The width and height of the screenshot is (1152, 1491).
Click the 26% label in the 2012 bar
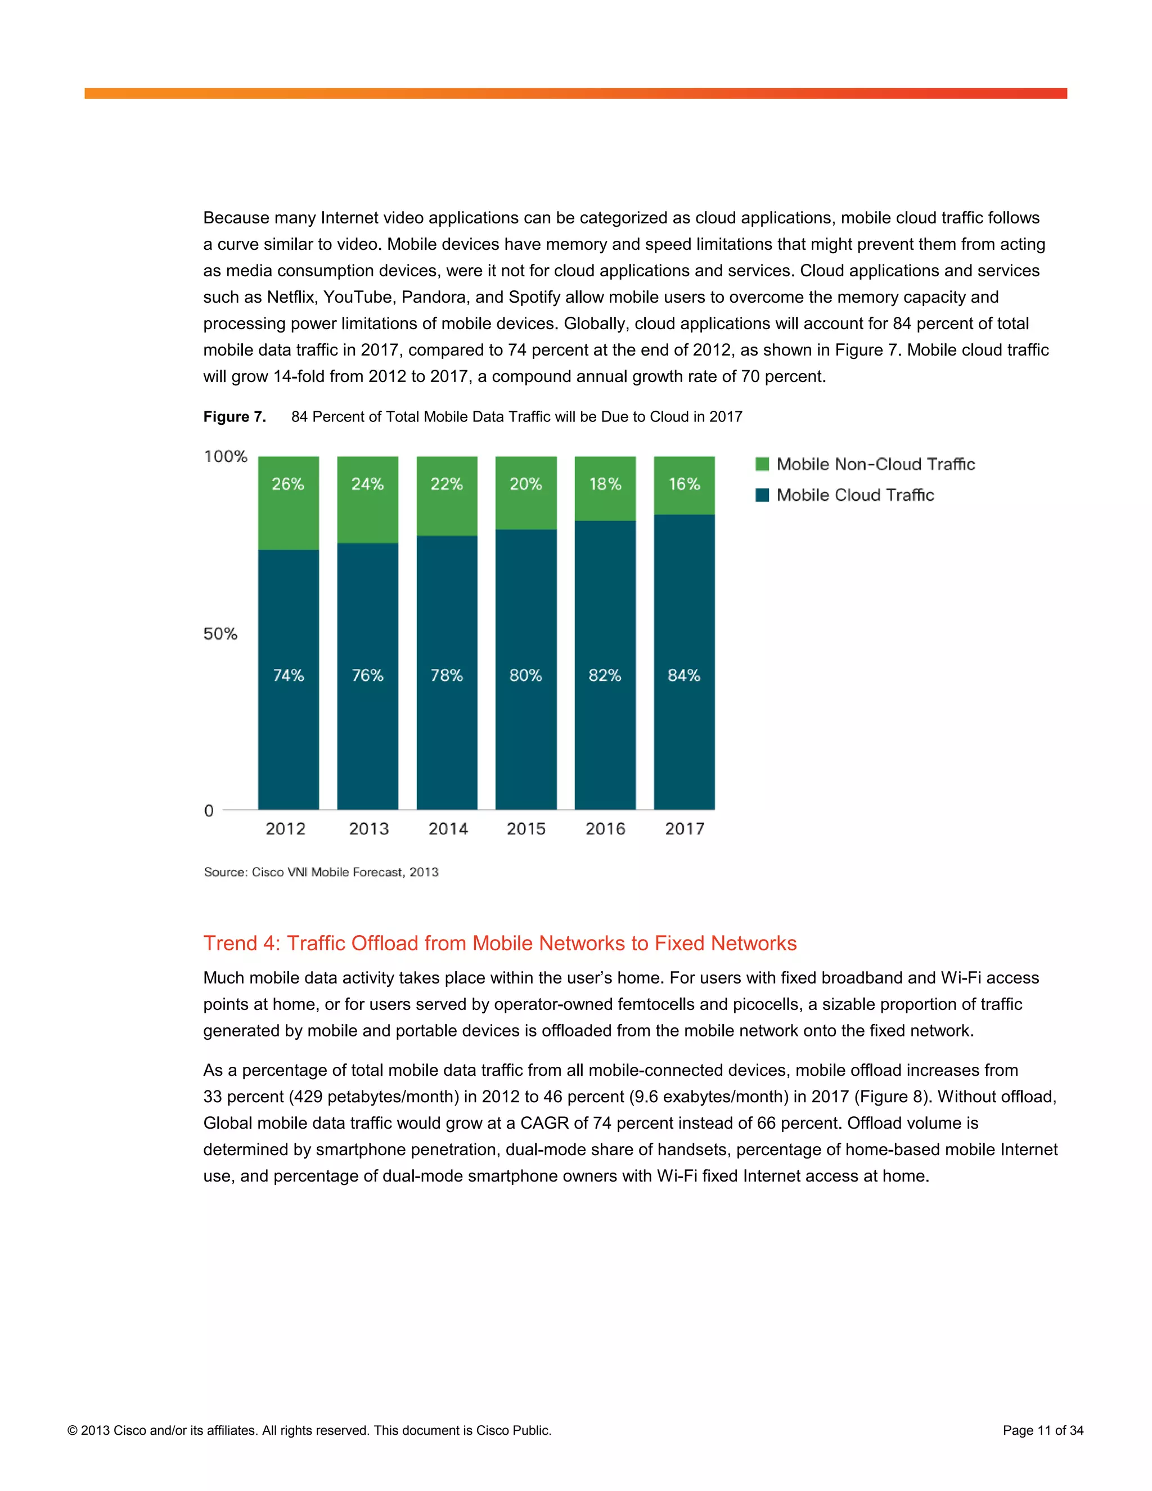pyautogui.click(x=287, y=484)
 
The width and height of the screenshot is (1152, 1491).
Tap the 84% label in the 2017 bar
pyautogui.click(x=684, y=675)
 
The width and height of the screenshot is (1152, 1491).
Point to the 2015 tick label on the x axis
pyautogui.click(x=526, y=829)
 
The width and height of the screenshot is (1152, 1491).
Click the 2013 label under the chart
pyautogui.click(x=368, y=829)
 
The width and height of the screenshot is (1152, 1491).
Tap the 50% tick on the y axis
pyautogui.click(x=220, y=634)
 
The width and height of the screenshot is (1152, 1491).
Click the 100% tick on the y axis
pyautogui.click(x=225, y=456)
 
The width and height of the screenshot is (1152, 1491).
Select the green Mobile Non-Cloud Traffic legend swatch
pyautogui.click(x=762, y=464)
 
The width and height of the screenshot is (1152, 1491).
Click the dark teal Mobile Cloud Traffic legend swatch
pyautogui.click(x=762, y=495)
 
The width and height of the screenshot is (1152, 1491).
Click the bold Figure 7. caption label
pyautogui.click(x=234, y=416)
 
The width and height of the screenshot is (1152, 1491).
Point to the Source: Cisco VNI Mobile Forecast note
pyautogui.click(x=321, y=872)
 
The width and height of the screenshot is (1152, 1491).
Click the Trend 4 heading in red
pyautogui.click(x=499, y=943)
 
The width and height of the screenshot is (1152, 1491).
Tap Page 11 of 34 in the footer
pyautogui.click(x=1043, y=1430)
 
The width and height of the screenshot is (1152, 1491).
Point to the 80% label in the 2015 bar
pyautogui.click(x=525, y=675)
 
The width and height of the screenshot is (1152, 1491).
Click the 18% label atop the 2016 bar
pyautogui.click(x=605, y=484)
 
